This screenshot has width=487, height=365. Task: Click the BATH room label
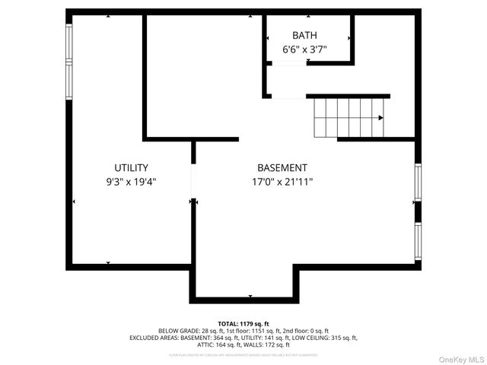305,35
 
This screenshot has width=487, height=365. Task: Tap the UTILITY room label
132,168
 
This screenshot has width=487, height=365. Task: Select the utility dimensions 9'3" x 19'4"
132,182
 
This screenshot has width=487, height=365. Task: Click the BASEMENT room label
282,168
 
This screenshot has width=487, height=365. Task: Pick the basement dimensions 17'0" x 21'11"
282,182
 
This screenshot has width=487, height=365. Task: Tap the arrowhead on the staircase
380,118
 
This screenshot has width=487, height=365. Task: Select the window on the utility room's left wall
69,61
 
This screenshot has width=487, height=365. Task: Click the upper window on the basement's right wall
418,182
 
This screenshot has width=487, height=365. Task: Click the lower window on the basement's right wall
418,241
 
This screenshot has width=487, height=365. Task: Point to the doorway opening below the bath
288,97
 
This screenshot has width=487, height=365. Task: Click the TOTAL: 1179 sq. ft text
243,323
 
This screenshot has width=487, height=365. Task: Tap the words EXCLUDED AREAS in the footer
155,338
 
